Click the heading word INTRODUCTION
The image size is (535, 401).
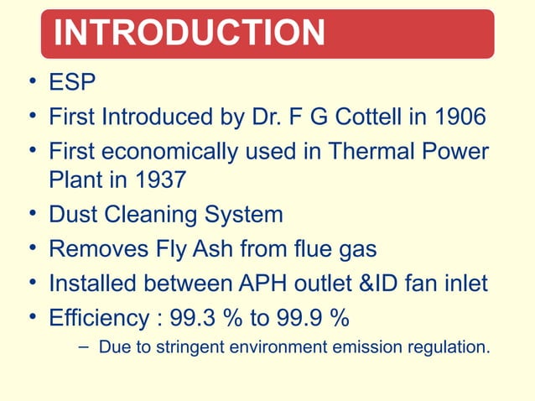tap(189, 34)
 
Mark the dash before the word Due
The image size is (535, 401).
tap(84, 346)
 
